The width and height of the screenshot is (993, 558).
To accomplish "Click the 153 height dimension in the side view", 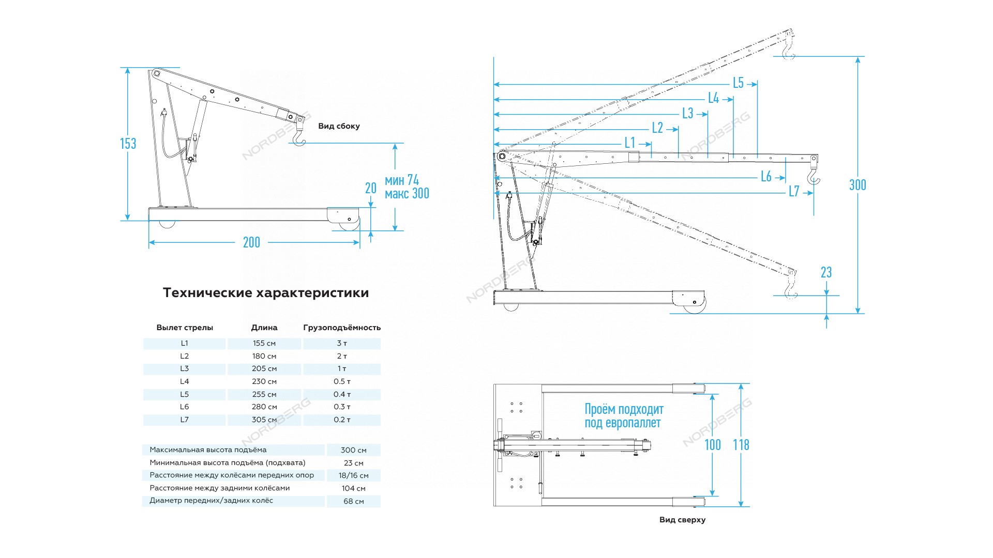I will pos(128,144).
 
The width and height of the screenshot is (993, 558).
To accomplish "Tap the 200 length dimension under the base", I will pos(251,242).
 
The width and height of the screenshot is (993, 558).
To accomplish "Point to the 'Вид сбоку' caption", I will pos(339,126).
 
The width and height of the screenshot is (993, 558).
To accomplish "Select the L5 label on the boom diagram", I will pos(738,83).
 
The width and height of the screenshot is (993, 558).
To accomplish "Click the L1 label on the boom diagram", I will pos(629,143).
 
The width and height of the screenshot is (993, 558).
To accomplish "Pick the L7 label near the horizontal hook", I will pos(794,192).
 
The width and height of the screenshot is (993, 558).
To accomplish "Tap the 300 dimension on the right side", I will pos(857,185).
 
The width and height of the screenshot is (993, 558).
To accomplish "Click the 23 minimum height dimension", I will pos(826,272).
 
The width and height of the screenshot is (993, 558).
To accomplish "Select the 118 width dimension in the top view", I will pos(741,445).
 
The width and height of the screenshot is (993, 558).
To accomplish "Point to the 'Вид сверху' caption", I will pos(682,520).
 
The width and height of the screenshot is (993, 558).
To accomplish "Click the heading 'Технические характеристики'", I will pos(266,293).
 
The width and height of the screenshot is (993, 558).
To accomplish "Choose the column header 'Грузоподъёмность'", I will pos(342,328).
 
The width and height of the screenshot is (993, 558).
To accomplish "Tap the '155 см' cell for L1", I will pos(264,343).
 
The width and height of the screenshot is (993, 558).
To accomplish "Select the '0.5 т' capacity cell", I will pos(342,381).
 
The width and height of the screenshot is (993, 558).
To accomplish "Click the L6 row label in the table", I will pos(185,407).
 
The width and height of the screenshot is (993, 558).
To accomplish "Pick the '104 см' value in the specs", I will pos(354,488).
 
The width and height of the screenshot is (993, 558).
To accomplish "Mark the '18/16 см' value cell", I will pos(354,475).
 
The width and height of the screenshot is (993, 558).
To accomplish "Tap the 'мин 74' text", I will pos(402,180).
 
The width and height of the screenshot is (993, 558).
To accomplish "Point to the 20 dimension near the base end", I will pos(371,188).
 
